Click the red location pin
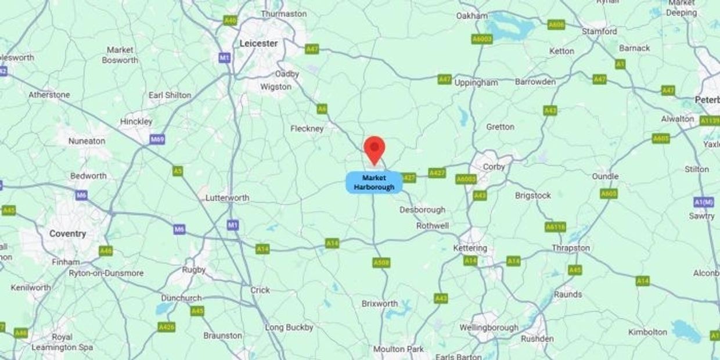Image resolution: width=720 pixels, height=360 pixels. pos(375,149)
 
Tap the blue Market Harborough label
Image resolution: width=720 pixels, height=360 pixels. pos(374,182)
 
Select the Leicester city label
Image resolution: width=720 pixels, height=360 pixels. pos(258,44)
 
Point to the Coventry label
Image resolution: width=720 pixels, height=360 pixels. pos(67,233)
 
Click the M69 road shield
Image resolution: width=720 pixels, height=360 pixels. pos(157,140)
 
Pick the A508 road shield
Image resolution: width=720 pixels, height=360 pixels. pos(381,263)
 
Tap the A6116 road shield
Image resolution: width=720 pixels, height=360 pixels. pos(555,227)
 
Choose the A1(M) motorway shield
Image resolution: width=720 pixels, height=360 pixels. pos(703,201)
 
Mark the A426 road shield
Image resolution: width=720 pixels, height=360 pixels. pos(167,327)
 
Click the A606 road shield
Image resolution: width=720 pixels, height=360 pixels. pos(556,24)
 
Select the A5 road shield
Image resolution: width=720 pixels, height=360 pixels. pos(178,171)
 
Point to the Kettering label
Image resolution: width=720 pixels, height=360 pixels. pos(470,248)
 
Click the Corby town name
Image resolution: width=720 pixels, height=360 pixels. pos(494,167)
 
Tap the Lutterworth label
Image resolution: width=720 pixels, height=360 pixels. pos(227,198)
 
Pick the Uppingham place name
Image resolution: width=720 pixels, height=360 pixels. pos(476,82)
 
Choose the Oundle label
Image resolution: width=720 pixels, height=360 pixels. pos(605,176)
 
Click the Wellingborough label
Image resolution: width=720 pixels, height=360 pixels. pos(489,327)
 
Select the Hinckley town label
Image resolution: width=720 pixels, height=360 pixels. pos(136,121)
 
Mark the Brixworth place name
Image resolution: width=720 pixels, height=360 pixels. pos(380,304)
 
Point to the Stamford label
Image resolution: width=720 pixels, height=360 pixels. pos(599,31)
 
